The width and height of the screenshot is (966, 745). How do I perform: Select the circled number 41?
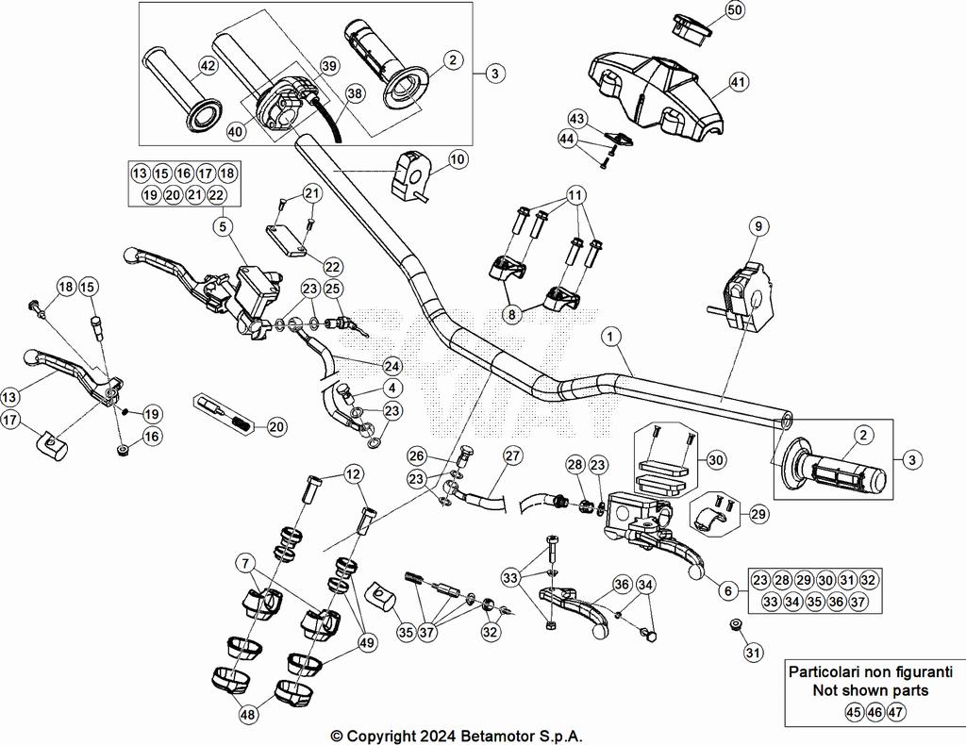point(738,82)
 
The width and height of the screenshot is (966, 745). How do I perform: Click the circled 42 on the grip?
point(208,66)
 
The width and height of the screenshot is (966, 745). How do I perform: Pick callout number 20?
point(275,426)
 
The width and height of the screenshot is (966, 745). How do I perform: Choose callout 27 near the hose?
point(511,455)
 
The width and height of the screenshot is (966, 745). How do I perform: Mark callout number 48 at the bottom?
point(247,716)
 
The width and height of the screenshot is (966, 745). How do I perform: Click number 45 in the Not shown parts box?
point(853,712)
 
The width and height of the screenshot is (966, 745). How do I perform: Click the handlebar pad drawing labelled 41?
point(656,87)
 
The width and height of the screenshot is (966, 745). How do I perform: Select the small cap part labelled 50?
point(694,26)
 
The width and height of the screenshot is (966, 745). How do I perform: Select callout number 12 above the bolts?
point(352,472)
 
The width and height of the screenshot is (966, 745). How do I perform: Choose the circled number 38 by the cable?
point(355,93)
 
